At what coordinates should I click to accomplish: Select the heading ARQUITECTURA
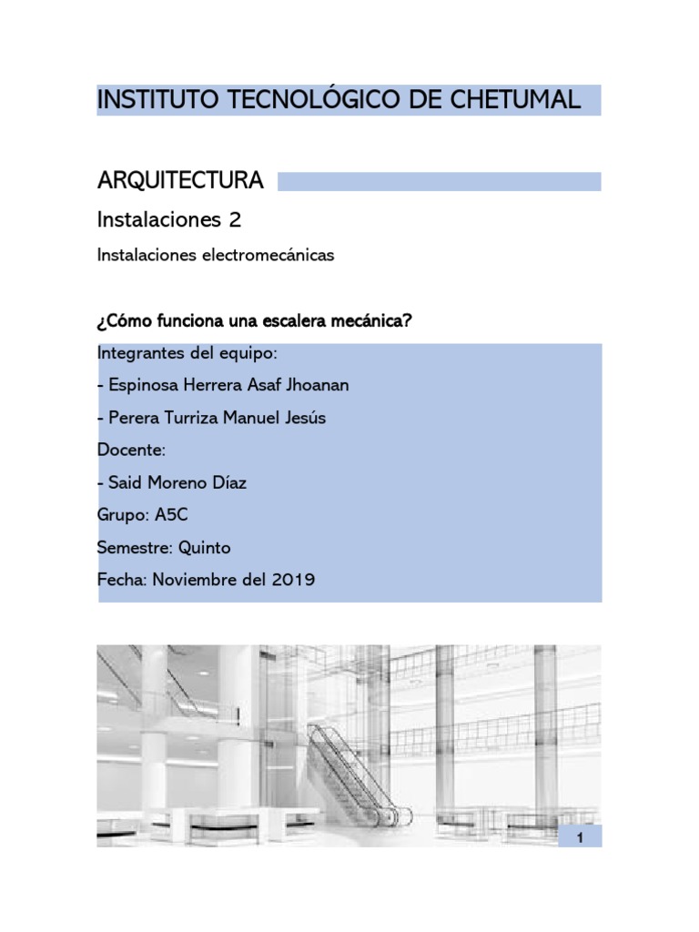coord(180,181)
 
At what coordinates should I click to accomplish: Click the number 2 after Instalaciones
coord(235,219)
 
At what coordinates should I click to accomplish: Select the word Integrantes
coord(139,353)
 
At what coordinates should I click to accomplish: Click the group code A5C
coord(171,515)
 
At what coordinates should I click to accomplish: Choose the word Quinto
coord(205,548)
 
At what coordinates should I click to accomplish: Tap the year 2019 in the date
coord(293,580)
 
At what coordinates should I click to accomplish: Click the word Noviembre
coord(187,580)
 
